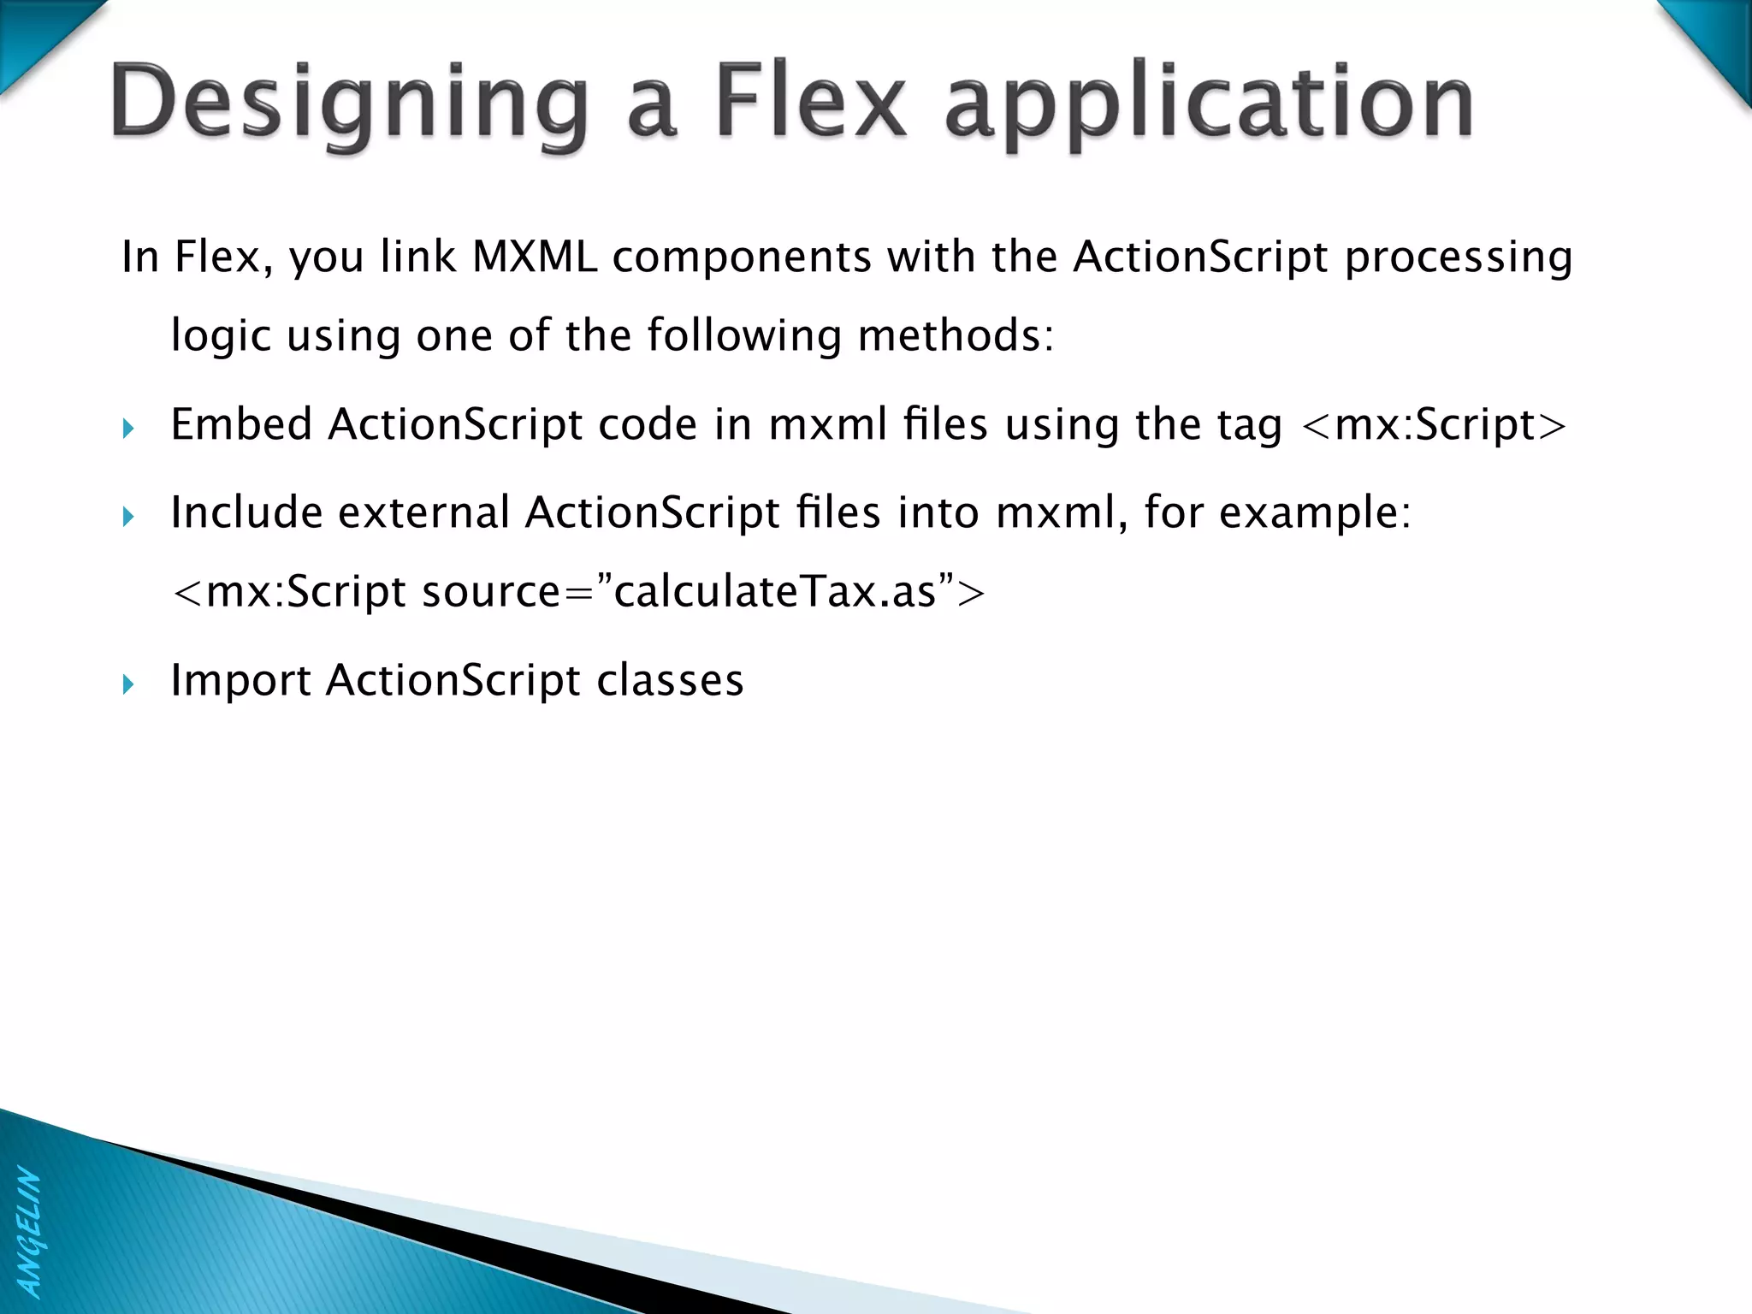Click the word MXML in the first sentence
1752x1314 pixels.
[535, 257]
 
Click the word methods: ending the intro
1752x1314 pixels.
[956, 334]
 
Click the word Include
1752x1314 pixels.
[246, 512]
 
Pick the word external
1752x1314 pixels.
[424, 512]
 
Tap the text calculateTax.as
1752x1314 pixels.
[775, 592]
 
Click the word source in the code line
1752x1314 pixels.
[491, 592]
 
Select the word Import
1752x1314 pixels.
[240, 682]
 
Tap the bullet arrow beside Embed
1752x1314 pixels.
[128, 428]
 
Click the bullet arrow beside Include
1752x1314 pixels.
[128, 516]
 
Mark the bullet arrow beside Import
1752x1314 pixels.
[128, 684]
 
